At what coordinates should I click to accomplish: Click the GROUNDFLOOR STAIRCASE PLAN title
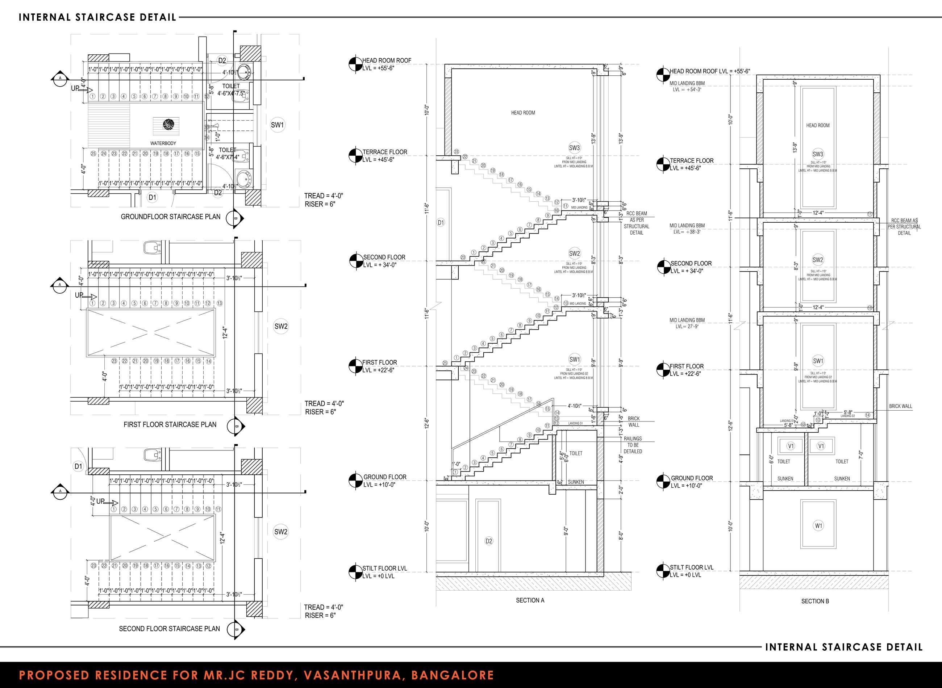pyautogui.click(x=170, y=217)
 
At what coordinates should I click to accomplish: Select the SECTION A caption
pyautogui.click(x=530, y=600)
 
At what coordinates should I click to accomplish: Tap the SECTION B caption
pyautogui.click(x=815, y=601)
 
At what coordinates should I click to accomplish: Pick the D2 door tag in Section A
pyautogui.click(x=489, y=541)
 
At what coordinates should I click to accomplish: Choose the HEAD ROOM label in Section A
pyautogui.click(x=523, y=113)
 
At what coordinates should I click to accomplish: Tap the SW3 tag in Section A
pyautogui.click(x=574, y=147)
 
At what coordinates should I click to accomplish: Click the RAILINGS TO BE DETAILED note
pyautogui.click(x=633, y=445)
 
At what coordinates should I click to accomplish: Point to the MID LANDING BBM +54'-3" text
pyautogui.click(x=687, y=86)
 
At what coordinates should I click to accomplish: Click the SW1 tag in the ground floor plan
pyautogui.click(x=278, y=125)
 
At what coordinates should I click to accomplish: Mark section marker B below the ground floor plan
pyautogui.click(x=234, y=218)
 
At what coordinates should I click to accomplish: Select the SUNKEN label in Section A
pyautogui.click(x=576, y=482)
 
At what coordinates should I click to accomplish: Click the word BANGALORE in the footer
pyautogui.click(x=453, y=675)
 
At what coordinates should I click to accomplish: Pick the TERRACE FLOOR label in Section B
pyautogui.click(x=691, y=161)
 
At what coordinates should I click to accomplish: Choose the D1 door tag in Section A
pyautogui.click(x=441, y=223)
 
